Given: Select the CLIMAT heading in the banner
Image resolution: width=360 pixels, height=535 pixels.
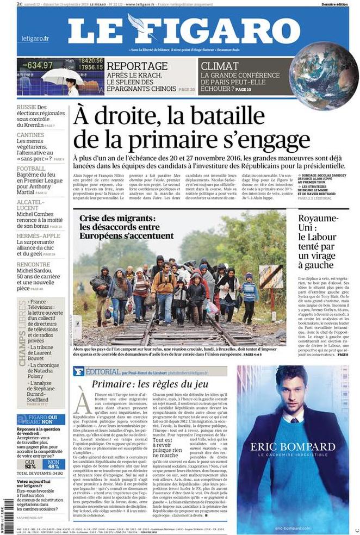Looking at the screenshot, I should pyautogui.click(x=220, y=66).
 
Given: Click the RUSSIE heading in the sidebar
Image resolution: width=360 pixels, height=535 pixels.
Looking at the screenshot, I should pyautogui.click(x=27, y=108).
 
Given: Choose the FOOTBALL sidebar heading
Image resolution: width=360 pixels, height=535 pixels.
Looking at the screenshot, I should pyautogui.click(x=31, y=169).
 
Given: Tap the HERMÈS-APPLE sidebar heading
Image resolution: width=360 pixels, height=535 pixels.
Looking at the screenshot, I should pyautogui.click(x=38, y=236).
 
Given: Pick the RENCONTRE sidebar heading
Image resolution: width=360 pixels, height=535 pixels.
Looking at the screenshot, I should pyautogui.click(x=34, y=265).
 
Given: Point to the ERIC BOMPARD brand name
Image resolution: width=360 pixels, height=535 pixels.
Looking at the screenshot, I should pyautogui.click(x=293, y=447).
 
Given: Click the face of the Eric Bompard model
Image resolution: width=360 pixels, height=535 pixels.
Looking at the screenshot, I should pyautogui.click(x=291, y=389).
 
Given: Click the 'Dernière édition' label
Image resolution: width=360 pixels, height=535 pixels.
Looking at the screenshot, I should pyautogui.click(x=335, y=4).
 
